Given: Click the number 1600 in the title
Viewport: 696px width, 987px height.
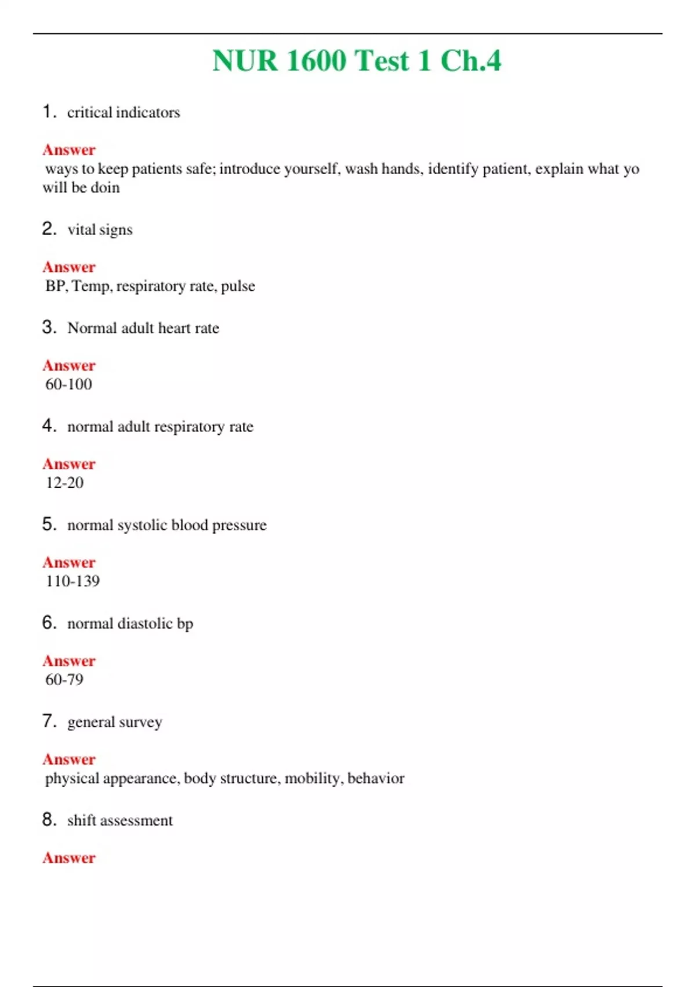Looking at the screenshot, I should pyautogui.click(x=316, y=61).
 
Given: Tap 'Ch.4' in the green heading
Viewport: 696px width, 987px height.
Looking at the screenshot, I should pyautogui.click(x=470, y=61).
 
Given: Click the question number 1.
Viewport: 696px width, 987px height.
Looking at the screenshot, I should pyautogui.click(x=48, y=111).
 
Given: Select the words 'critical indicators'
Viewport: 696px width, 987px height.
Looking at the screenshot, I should pyautogui.click(x=124, y=113).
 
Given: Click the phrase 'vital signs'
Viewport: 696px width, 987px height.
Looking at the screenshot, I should pyautogui.click(x=100, y=230).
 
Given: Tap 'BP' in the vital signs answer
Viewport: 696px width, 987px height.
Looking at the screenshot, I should pyautogui.click(x=55, y=286).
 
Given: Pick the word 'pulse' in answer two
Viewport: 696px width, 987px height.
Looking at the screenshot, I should pyautogui.click(x=238, y=286).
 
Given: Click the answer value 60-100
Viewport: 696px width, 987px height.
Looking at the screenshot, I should pyautogui.click(x=68, y=384).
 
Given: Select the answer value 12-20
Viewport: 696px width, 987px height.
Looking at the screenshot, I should pyautogui.click(x=64, y=483).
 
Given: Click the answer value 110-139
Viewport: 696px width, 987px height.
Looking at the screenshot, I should pyautogui.click(x=72, y=581).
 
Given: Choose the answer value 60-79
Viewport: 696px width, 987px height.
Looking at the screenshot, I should pyautogui.click(x=64, y=680).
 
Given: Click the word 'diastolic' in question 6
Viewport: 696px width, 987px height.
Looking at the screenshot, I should pyautogui.click(x=145, y=624).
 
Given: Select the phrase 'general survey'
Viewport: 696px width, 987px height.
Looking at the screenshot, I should pyautogui.click(x=115, y=723).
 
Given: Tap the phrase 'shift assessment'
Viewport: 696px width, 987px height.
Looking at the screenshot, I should pyautogui.click(x=120, y=821).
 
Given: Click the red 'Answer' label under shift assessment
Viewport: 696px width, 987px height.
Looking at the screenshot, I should pyautogui.click(x=69, y=858).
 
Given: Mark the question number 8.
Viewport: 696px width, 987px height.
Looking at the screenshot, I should pyautogui.click(x=49, y=820).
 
